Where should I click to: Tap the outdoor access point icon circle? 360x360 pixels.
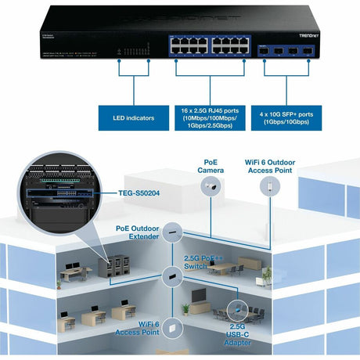coord(271,186)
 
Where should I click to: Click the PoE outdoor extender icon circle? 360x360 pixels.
coord(171,232)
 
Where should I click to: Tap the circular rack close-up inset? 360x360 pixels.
coord(55,189)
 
